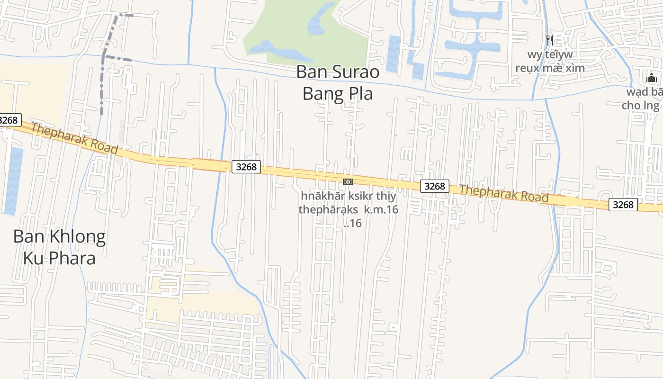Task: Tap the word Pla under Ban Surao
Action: coord(359,94)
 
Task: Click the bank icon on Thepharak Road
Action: coord(348,182)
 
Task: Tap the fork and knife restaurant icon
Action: coord(549,40)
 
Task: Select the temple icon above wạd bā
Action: coord(652,78)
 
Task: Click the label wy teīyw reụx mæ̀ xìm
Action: coord(550,61)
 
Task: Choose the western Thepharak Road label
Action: coord(74,139)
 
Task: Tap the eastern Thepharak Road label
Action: coord(503,193)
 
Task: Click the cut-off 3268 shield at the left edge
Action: coord(9,120)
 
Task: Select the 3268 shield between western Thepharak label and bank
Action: coord(246,167)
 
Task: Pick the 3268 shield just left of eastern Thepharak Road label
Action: coord(435,186)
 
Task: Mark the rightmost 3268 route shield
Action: coord(623,205)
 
